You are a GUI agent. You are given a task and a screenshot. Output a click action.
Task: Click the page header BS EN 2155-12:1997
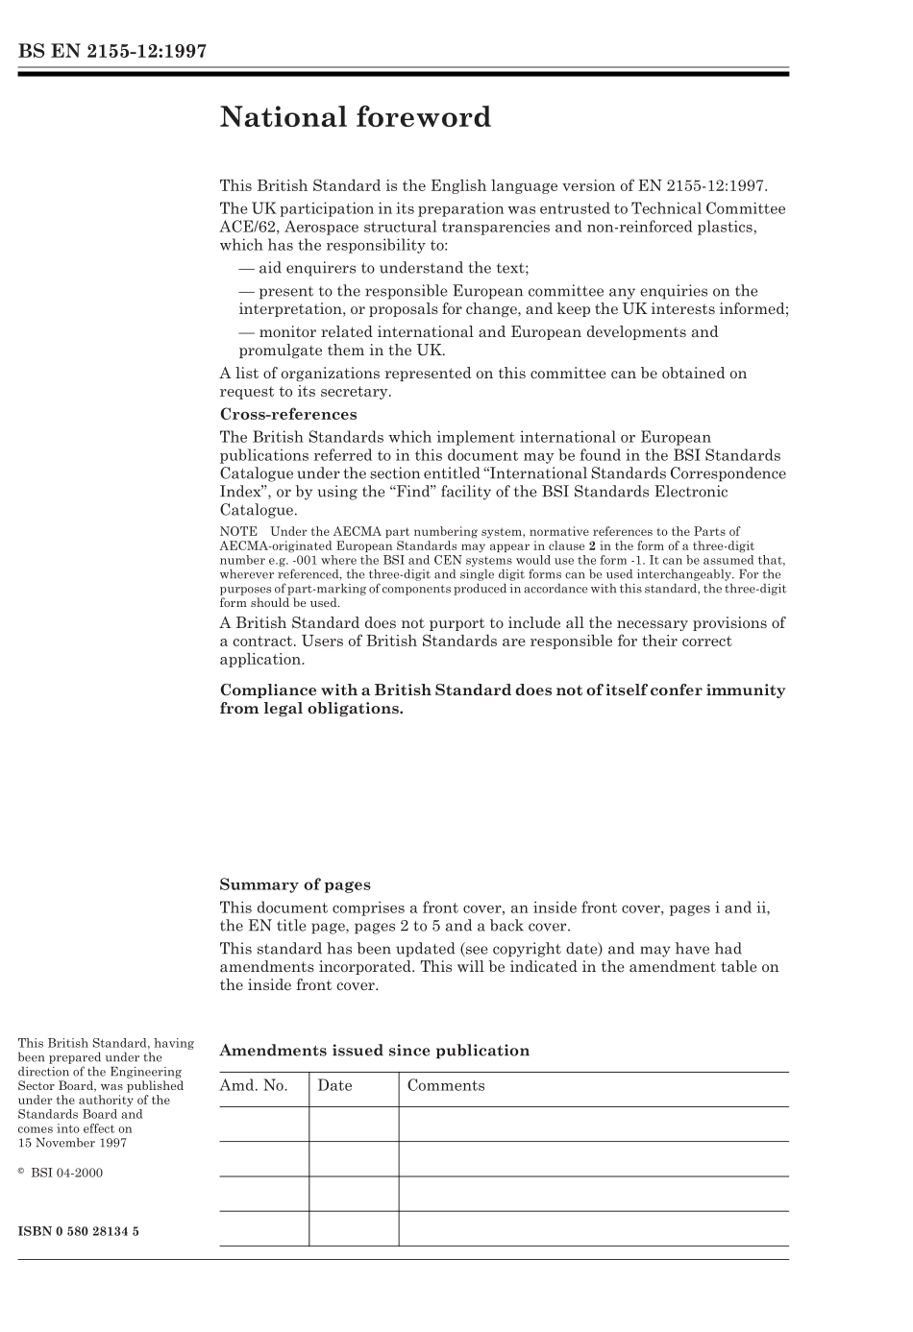coord(112,52)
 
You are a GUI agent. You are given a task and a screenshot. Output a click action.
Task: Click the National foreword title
coord(355,117)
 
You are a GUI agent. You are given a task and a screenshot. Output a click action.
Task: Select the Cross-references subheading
coord(288,415)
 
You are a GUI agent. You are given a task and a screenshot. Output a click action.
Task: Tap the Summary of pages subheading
coord(295,885)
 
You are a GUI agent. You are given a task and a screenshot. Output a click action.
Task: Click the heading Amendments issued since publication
coord(375,1051)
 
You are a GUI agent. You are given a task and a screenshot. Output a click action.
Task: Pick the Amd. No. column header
coord(254,1086)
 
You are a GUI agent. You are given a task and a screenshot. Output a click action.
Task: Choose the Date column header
coord(334,1086)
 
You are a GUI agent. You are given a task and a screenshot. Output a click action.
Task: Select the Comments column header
coord(446,1086)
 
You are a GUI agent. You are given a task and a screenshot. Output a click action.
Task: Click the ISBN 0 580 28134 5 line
coord(79,1231)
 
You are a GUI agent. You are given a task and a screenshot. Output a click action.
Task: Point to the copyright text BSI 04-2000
coord(66,1173)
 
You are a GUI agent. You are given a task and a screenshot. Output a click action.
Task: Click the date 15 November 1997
coord(72,1143)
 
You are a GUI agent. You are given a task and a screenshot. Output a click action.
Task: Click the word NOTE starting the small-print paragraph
coord(238,532)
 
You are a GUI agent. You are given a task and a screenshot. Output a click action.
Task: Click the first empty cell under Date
coord(353,1124)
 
